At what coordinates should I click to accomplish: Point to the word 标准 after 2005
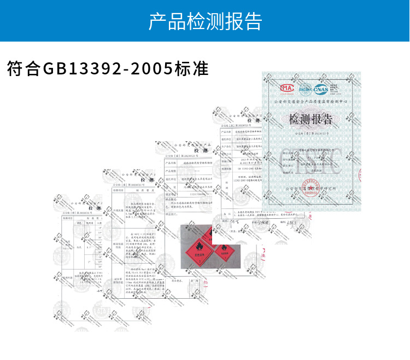tap(191, 69)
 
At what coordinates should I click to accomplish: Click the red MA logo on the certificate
tap(287, 88)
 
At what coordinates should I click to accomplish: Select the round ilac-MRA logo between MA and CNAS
tap(303, 89)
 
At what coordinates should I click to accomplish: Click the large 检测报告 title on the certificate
tap(311, 119)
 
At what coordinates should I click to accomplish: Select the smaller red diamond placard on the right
tap(224, 250)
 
